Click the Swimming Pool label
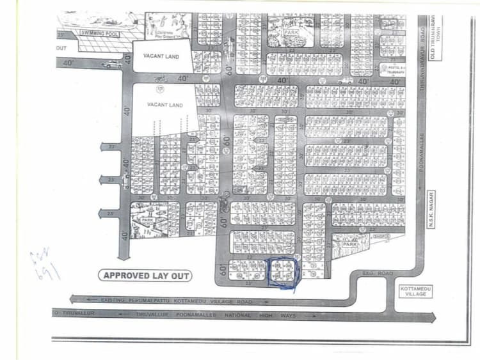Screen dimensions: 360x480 pos(99,33)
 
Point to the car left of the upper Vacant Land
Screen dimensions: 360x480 pos(112,64)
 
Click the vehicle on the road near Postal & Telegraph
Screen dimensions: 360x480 pos(345,81)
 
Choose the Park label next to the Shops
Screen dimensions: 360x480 pos(349,244)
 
